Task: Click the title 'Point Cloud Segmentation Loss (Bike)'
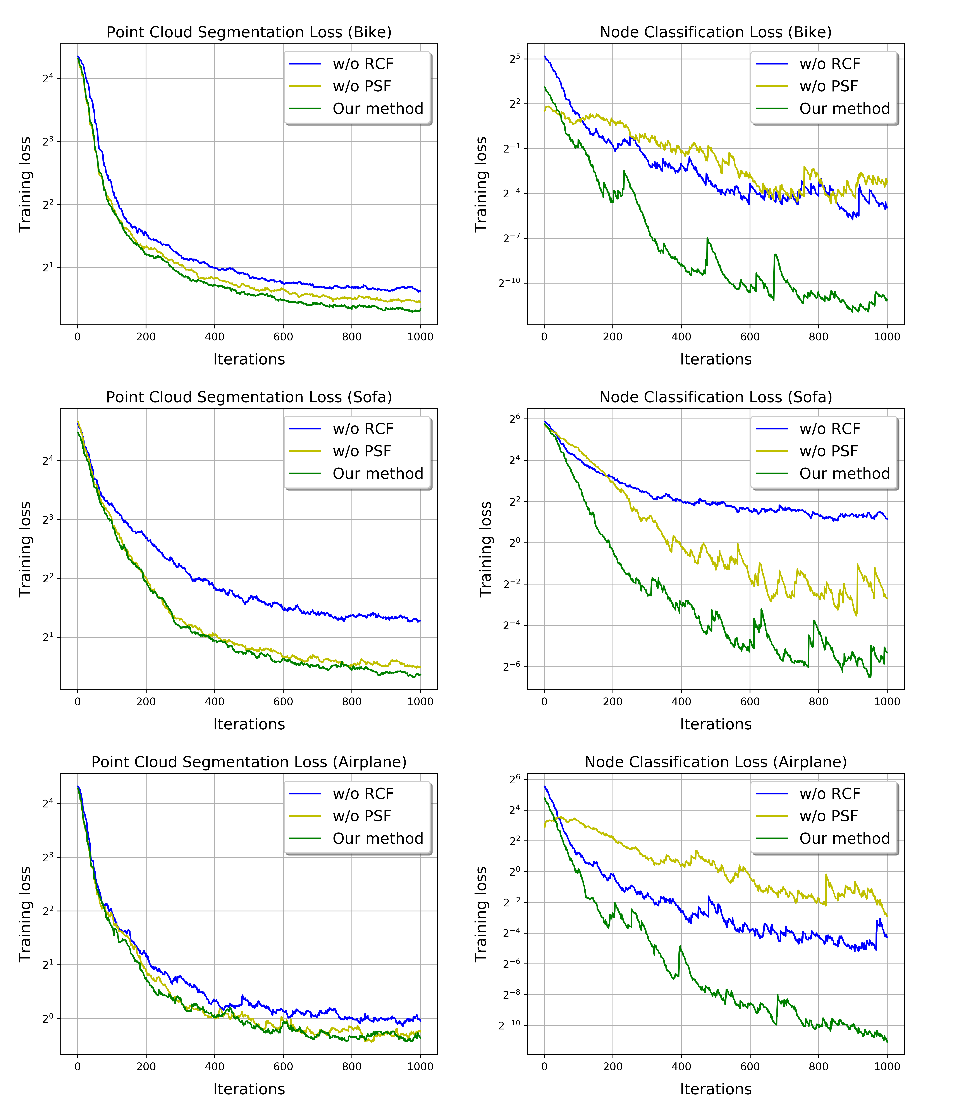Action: [249, 33]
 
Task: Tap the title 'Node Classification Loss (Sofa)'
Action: [715, 397]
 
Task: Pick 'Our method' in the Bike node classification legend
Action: [844, 109]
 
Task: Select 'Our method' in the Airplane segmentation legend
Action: [377, 839]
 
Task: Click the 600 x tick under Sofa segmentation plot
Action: [283, 701]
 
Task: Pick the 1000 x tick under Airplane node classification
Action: [887, 1066]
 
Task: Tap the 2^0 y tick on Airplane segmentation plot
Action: [48, 1018]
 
